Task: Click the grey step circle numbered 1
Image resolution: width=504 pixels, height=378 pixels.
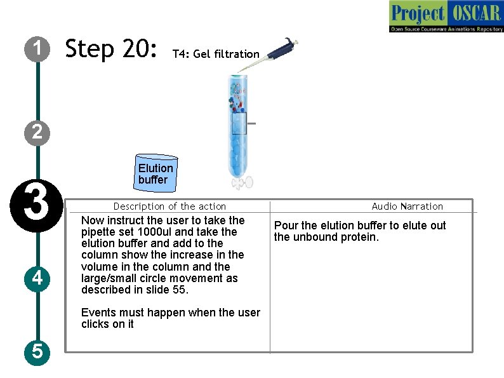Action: (37, 49)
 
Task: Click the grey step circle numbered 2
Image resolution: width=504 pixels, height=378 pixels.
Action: (37, 132)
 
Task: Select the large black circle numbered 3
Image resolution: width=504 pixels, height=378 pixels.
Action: (37, 206)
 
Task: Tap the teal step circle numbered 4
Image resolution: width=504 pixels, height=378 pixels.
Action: (37, 279)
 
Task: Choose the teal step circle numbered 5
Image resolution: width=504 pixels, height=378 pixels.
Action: (37, 352)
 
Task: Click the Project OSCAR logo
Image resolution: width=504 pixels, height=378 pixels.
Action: (446, 16)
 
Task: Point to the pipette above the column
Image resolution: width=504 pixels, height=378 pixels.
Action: (269, 54)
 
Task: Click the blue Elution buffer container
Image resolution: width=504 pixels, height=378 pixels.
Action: (156, 173)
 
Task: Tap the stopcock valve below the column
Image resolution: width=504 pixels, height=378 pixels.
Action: (242, 183)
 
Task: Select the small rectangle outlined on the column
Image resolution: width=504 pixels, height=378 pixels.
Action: (239, 123)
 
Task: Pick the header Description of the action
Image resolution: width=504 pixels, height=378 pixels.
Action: (169, 206)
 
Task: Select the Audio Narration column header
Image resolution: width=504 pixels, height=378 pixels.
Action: (408, 206)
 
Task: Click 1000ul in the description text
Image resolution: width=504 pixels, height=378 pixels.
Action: (155, 232)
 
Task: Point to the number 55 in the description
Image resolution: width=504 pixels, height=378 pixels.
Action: (178, 290)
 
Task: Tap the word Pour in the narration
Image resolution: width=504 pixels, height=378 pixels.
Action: (286, 226)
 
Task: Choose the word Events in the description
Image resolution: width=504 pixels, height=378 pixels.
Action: (98, 313)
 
